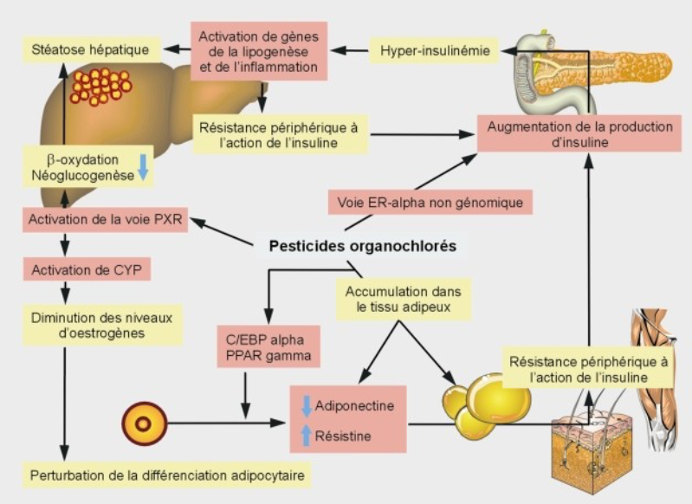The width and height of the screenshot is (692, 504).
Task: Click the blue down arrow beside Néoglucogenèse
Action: pos(144,168)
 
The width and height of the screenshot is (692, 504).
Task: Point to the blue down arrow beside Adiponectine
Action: pos(305,405)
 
